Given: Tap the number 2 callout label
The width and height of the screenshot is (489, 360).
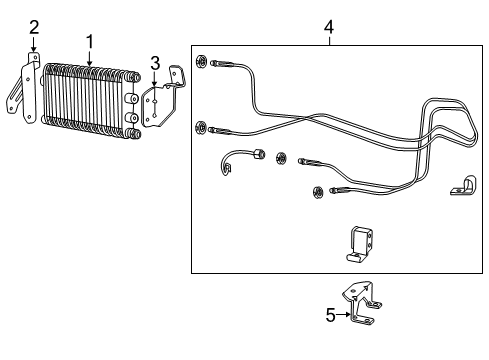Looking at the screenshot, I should coord(34,27).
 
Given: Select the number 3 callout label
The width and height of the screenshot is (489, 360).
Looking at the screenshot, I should coord(154,63).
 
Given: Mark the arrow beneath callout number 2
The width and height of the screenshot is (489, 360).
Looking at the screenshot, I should coord(34,48).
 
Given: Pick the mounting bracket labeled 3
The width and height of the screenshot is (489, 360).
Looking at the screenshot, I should coord(162,100).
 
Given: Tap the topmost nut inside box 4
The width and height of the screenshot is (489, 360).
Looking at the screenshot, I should coord(202,63).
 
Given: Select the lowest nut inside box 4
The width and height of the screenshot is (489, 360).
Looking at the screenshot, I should coord(317,192).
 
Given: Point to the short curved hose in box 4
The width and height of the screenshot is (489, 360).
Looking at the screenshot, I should coord(240,161).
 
